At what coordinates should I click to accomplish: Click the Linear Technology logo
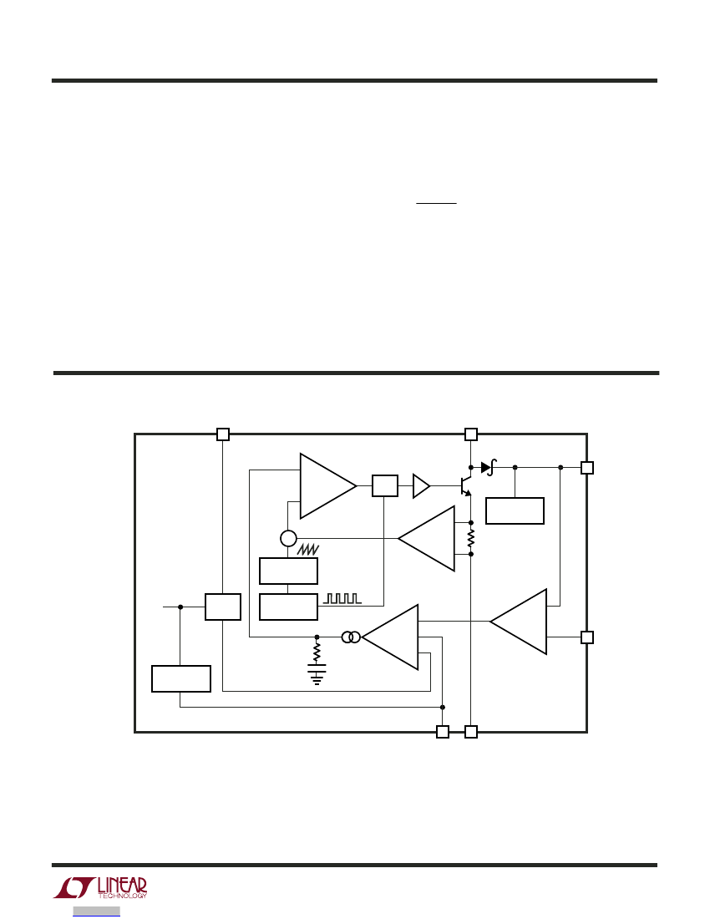point(100,888)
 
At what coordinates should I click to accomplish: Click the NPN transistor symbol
point(466,486)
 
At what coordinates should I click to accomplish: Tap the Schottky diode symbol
point(489,467)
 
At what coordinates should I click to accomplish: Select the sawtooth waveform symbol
point(308,549)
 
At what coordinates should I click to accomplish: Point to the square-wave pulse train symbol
point(342,598)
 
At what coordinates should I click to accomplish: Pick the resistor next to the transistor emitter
point(471,538)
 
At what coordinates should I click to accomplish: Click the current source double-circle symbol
point(351,637)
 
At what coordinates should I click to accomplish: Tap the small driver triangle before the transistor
point(421,486)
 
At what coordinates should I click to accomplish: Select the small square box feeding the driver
point(385,486)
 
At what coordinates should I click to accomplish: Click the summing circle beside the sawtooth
point(288,538)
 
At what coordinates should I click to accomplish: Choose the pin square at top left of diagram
point(223,434)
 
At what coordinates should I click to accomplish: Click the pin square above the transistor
point(471,434)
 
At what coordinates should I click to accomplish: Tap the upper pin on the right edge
point(587,468)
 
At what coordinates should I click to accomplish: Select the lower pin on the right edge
point(587,637)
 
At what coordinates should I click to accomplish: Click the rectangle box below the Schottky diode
point(515,511)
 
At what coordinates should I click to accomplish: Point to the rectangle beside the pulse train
point(288,607)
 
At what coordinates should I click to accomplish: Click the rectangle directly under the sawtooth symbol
point(288,571)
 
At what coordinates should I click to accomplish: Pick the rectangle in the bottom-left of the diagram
point(181,678)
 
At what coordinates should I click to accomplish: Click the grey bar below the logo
point(97,911)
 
